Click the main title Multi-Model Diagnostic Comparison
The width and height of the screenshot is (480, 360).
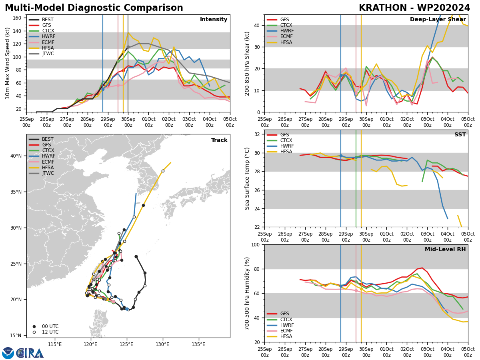(x=94, y=8)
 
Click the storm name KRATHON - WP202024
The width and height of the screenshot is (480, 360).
(x=414, y=8)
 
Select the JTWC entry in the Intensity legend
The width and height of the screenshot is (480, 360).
(x=48, y=54)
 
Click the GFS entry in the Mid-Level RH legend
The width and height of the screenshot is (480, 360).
(x=284, y=314)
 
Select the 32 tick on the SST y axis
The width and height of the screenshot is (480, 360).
(x=258, y=134)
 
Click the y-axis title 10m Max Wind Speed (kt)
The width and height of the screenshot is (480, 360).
(x=7, y=64)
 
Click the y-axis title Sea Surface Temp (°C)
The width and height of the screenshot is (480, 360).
(x=248, y=178)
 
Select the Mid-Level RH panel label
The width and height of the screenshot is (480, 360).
(x=445, y=250)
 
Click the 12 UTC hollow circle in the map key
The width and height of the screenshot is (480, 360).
(x=34, y=332)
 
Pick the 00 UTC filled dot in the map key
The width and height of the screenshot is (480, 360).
(x=34, y=326)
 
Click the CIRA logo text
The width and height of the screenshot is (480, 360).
(x=30, y=353)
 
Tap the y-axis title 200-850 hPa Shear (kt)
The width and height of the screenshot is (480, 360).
(x=248, y=64)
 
